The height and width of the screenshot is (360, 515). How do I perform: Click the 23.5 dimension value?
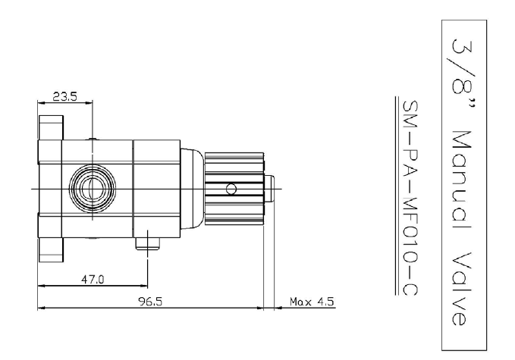coord(64,96)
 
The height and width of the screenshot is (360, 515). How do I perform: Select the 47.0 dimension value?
coord(93,280)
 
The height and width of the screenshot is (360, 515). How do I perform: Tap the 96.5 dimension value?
coord(150,301)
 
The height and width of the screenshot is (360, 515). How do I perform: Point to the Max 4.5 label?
coord(312,301)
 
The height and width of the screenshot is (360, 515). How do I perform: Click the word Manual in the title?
coord(462,180)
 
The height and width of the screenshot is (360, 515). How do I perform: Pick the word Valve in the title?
coord(461,289)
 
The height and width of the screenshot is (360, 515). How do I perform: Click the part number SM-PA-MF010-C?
coord(410,198)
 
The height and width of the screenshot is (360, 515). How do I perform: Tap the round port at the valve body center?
coord(93,189)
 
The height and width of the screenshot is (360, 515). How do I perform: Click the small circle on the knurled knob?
coord(231,189)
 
